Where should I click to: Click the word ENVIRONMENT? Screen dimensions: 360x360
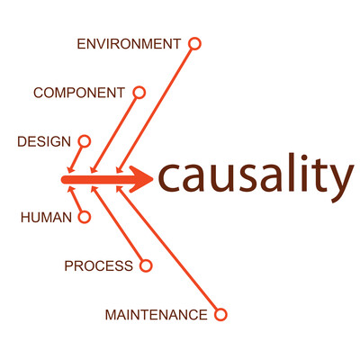[129, 44]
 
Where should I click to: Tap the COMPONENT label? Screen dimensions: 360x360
[79, 93]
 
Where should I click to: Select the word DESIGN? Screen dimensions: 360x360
[44, 141]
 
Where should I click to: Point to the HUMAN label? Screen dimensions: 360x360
[47, 217]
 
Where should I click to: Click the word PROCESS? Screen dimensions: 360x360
[99, 265]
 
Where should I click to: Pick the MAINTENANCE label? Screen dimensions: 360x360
[157, 315]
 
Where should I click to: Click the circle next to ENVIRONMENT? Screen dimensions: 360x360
[194, 44]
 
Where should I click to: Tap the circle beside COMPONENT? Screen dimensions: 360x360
[139, 93]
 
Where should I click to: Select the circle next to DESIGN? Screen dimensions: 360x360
[85, 141]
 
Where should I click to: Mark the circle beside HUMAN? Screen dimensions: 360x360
[85, 217]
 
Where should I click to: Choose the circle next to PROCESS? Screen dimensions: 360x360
[146, 265]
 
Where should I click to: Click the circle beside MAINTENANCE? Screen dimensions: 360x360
[220, 315]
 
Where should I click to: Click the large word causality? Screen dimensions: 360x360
[256, 178]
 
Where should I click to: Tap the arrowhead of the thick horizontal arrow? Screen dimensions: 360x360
[141, 179]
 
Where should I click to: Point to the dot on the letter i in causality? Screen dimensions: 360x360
[305, 157]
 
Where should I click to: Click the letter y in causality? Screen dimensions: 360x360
[340, 184]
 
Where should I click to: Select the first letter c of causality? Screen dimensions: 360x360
[169, 178]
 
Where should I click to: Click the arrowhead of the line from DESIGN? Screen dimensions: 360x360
[70, 169]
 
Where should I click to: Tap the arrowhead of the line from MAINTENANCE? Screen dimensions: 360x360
[119, 190]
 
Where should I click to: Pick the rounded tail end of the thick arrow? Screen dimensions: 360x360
[64, 180]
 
